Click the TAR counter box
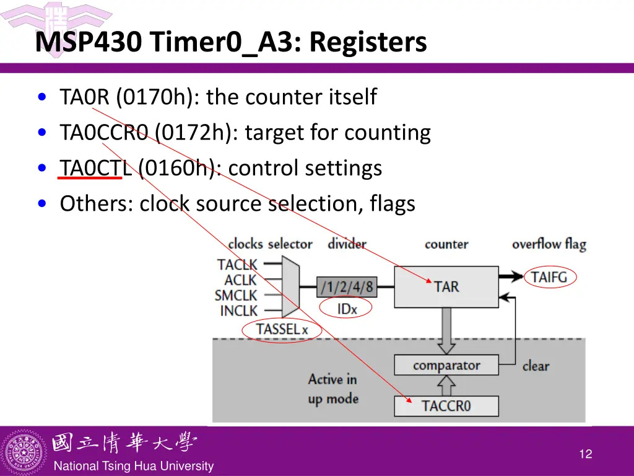click(x=446, y=286)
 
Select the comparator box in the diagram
click(x=446, y=365)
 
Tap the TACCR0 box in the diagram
click(x=446, y=406)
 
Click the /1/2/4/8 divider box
click(x=347, y=286)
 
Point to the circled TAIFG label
click(x=549, y=276)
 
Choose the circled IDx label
click(x=347, y=308)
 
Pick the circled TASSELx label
click(x=282, y=329)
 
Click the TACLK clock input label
click(x=237, y=265)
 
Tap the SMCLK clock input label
click(x=236, y=296)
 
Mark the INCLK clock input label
click(x=238, y=311)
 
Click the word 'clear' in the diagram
click(x=536, y=366)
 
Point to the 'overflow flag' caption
click(x=549, y=244)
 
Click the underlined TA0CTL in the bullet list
click(x=96, y=168)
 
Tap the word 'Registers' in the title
click(x=368, y=42)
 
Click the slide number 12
click(x=585, y=454)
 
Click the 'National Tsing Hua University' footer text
click(x=133, y=466)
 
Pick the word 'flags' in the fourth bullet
click(x=393, y=203)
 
